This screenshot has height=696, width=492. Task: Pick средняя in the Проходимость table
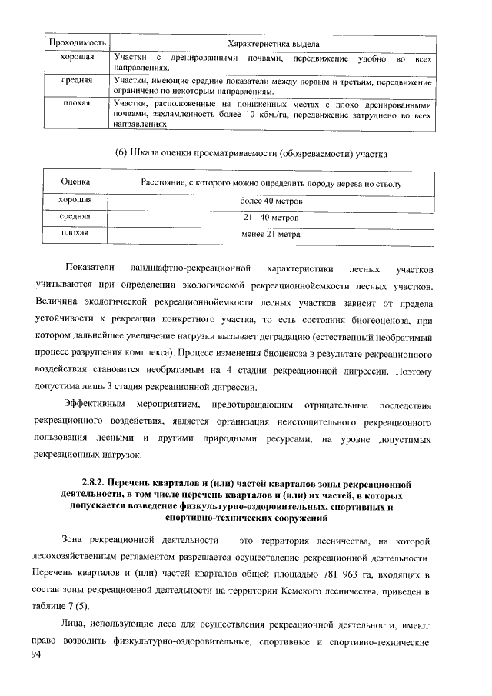click(78, 79)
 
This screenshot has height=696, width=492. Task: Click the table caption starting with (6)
click(245, 154)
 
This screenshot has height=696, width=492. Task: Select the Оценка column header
click(76, 182)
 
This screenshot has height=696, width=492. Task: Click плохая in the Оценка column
click(76, 233)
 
